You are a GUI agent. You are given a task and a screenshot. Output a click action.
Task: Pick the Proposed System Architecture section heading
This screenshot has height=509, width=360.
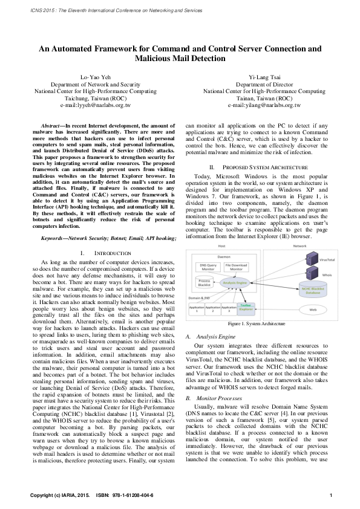click(x=257, y=166)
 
